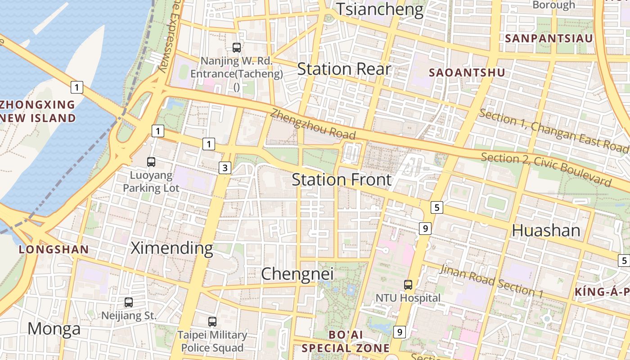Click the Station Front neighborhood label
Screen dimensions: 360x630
(342, 180)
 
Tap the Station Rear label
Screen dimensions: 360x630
(344, 69)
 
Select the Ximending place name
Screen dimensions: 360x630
(172, 248)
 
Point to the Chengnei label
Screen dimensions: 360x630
(297, 274)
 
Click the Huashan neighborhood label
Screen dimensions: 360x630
(546, 230)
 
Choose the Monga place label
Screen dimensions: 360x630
(54, 328)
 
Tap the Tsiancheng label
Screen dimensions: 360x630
(380, 9)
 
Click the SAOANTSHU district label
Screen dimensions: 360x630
(467, 72)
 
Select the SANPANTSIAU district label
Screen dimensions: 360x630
(549, 38)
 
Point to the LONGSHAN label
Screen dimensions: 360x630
(54, 249)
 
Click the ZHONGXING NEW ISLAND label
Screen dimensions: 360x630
(38, 112)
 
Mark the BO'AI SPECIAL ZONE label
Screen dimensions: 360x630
(346, 342)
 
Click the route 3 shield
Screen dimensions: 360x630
(225, 168)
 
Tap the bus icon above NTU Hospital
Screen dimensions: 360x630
(408, 284)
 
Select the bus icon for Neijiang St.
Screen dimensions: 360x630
(129, 302)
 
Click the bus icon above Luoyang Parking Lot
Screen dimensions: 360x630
(151, 162)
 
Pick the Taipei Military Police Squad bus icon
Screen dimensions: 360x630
(212, 321)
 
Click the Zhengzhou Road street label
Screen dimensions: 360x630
(313, 125)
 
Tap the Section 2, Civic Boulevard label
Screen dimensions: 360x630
(546, 169)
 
